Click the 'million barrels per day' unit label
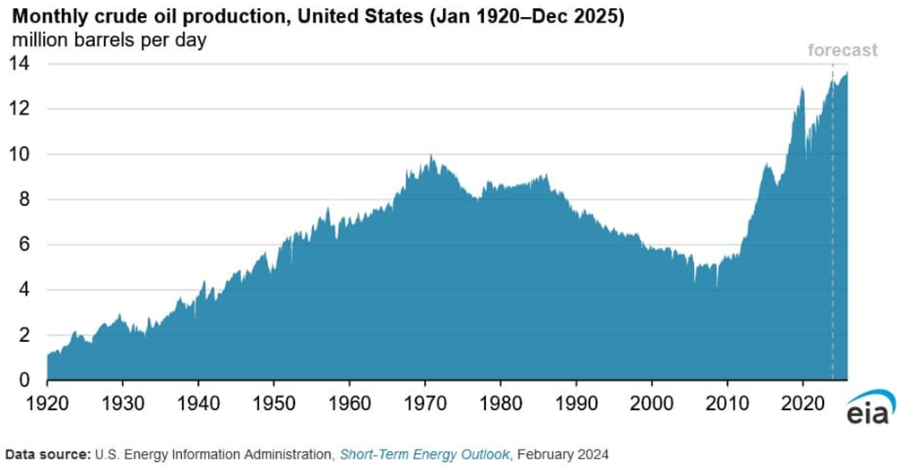click(108, 40)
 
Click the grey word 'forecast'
click(842, 50)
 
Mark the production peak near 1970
click(431, 157)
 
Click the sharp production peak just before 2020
click(801, 89)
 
